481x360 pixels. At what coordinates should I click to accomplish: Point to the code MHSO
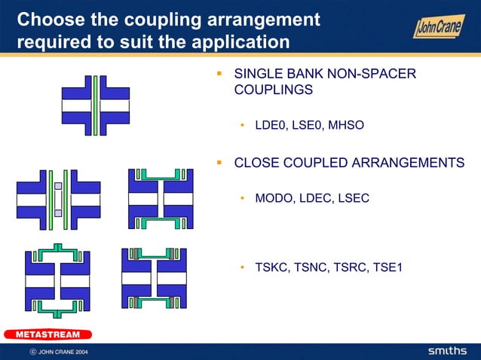pos(345,125)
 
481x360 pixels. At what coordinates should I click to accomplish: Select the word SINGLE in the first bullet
pos(258,74)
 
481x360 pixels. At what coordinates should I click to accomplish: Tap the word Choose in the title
pos(50,18)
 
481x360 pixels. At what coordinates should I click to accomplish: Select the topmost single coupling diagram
pos(96,105)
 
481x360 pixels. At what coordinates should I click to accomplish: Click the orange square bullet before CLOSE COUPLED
pos(219,161)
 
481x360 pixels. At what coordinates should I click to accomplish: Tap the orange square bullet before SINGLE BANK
pos(219,74)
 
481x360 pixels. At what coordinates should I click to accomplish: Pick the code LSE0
pos(308,125)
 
